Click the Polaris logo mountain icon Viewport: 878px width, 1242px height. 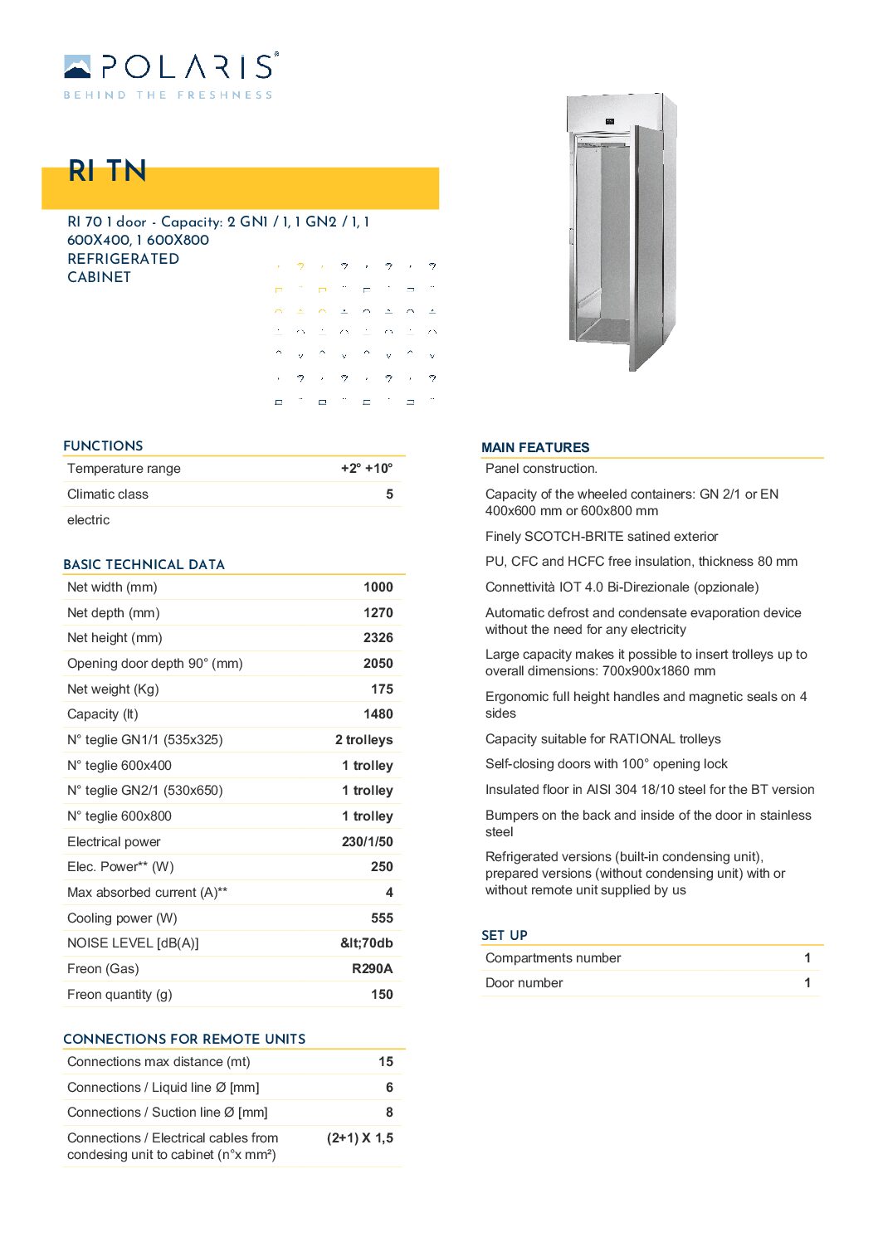tap(77, 66)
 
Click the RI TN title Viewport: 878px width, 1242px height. tap(107, 171)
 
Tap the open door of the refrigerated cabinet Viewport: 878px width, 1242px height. tap(647, 249)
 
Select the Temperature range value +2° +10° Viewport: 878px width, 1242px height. tap(367, 469)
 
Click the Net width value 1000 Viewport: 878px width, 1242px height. tap(378, 587)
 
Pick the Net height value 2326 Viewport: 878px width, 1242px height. tap(378, 638)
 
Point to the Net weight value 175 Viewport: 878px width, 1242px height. tap(382, 689)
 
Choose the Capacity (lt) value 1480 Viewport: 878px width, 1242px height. tap(378, 714)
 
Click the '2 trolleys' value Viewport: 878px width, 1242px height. tap(363, 740)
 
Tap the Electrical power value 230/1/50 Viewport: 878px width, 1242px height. tap(367, 842)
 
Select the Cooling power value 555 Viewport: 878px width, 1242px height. tap(382, 918)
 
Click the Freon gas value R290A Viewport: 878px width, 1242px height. tap(372, 969)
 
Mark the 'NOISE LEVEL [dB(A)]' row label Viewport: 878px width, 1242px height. tap(133, 943)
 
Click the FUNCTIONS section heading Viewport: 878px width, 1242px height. tap(103, 446)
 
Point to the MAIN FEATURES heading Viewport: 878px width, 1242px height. tap(535, 448)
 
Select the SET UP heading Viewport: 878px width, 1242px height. tap(505, 936)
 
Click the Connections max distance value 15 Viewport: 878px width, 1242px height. tap(386, 1062)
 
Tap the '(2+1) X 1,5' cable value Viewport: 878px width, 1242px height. tap(359, 1138)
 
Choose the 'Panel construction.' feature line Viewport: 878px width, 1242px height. tap(541, 469)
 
